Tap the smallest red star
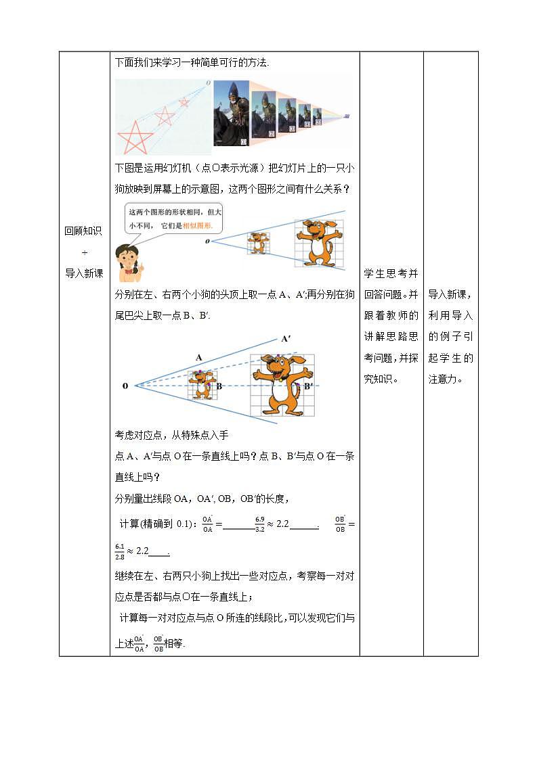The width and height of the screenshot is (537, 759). click(x=184, y=102)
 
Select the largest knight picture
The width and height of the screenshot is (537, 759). click(x=232, y=114)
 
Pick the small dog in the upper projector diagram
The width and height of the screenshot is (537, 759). click(x=258, y=243)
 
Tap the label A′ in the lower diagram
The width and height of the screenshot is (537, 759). click(x=286, y=340)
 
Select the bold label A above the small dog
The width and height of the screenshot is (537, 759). click(x=198, y=356)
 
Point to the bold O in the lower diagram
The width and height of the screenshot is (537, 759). click(x=125, y=386)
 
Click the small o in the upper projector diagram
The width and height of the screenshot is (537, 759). click(x=208, y=240)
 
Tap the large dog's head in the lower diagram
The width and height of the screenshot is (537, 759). click(x=282, y=369)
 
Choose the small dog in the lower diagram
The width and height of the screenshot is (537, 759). click(x=201, y=384)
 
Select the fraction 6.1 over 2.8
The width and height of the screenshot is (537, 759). click(x=120, y=551)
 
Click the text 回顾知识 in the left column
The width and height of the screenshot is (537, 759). click(x=84, y=231)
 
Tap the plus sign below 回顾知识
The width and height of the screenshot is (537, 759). click(x=85, y=252)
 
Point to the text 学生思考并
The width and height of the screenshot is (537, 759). click(x=391, y=273)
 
